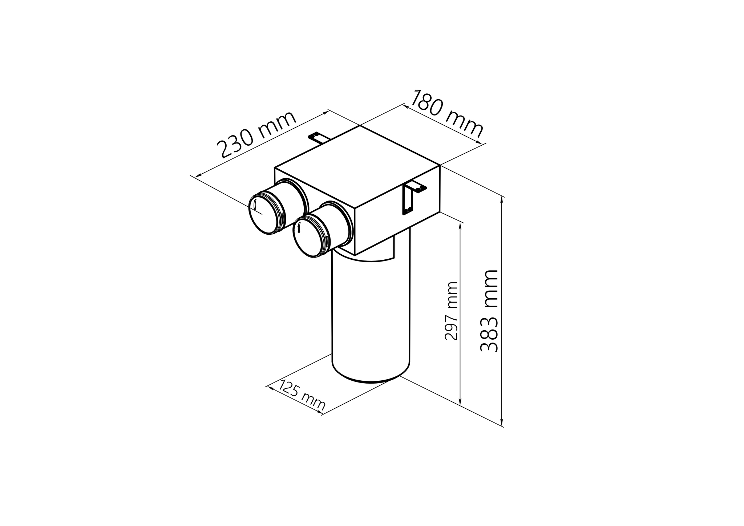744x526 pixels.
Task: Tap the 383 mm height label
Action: [x=489, y=311]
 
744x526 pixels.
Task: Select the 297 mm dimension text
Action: [x=452, y=311]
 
